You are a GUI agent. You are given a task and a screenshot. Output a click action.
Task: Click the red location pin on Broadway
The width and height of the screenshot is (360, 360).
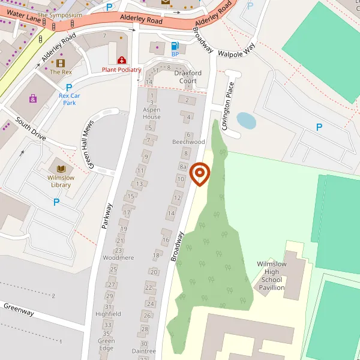(199, 174)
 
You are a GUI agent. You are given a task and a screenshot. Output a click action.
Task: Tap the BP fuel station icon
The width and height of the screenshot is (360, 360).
(175, 46)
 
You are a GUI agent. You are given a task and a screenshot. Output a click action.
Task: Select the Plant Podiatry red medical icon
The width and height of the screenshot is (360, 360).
(122, 61)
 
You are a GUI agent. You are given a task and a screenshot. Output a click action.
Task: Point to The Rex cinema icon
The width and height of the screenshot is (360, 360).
(61, 63)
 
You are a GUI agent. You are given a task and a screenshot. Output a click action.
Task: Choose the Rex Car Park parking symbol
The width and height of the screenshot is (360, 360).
(69, 87)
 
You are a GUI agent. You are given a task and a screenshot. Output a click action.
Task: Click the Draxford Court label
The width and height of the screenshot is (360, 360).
(185, 77)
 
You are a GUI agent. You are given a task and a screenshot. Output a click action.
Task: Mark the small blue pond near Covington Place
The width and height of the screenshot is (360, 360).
(246, 121)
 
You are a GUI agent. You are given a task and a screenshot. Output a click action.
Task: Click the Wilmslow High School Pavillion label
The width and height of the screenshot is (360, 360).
(272, 276)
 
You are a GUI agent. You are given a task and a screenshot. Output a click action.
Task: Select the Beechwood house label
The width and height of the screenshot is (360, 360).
(188, 142)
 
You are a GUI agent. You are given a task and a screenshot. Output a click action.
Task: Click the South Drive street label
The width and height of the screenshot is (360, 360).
(31, 128)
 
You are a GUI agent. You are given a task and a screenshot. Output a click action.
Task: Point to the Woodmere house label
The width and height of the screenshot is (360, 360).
(118, 257)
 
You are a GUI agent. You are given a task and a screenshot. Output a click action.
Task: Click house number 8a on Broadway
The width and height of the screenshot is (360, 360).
(184, 166)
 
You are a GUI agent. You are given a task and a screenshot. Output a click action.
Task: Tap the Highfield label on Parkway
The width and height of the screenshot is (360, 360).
(108, 314)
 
